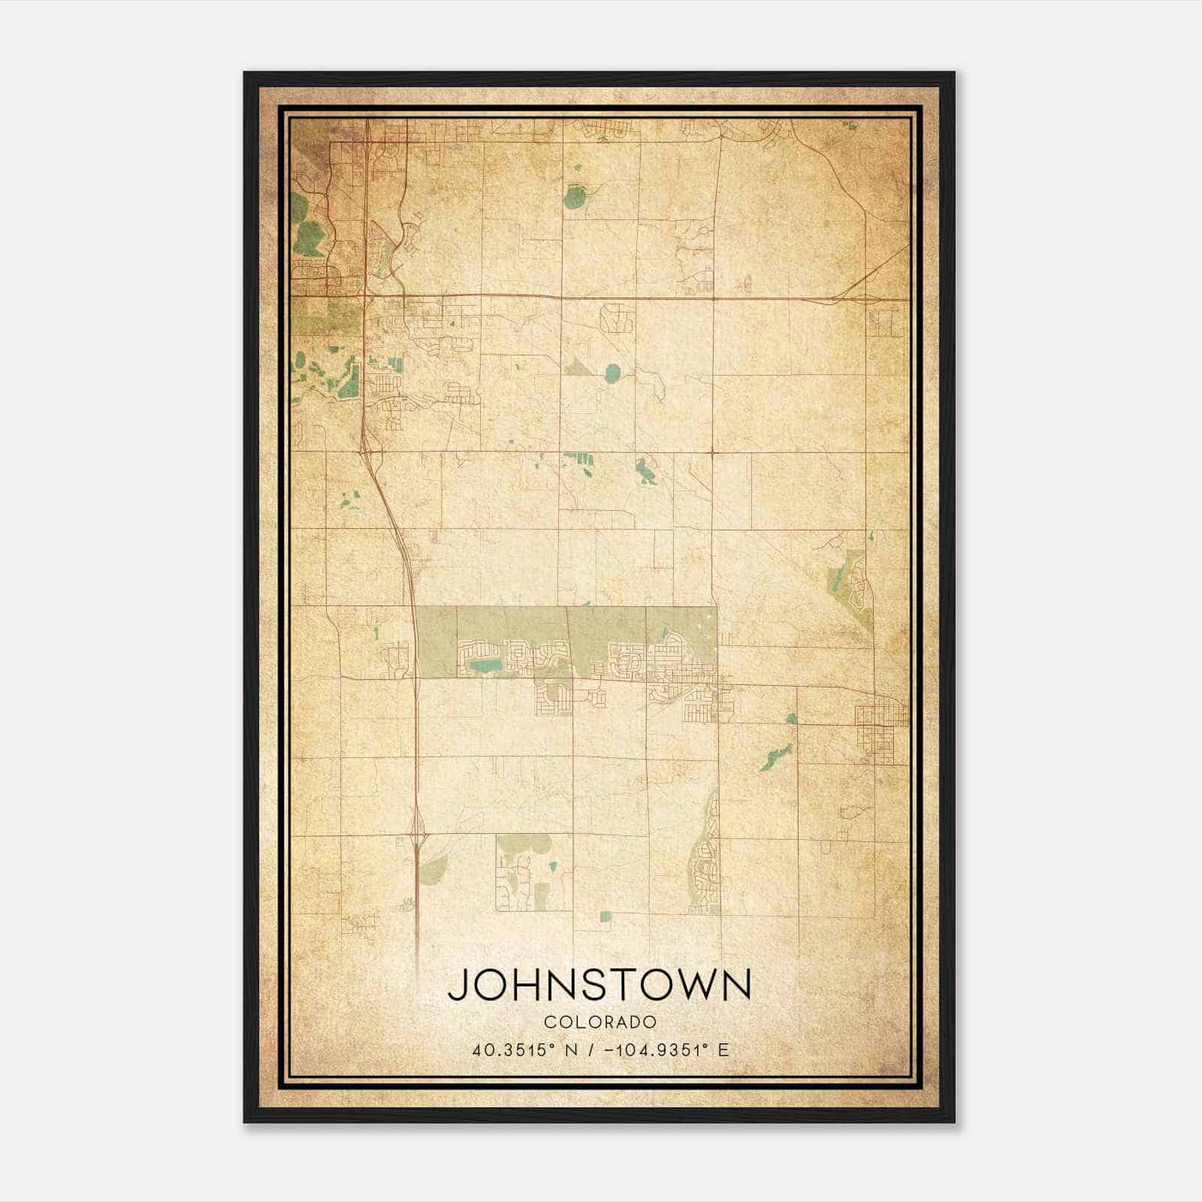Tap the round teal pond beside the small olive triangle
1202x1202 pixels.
(613, 371)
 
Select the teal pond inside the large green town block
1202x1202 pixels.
(485, 666)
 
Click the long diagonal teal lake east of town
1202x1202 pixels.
(775, 757)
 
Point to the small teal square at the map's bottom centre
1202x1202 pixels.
(606, 916)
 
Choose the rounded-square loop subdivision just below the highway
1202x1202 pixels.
(616, 318)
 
